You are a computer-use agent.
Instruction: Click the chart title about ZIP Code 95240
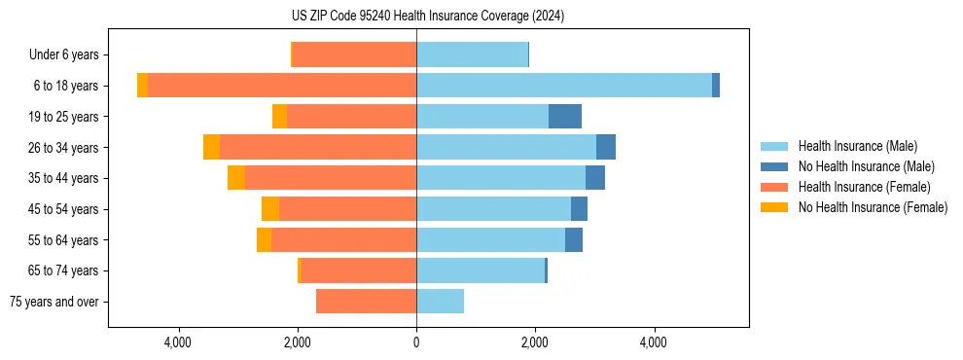click(x=427, y=16)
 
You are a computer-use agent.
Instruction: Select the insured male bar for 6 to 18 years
click(x=564, y=86)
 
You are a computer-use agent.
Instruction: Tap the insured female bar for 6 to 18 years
click(x=282, y=86)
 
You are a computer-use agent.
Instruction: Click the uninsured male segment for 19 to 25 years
click(x=565, y=117)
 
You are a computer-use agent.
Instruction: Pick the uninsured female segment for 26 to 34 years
click(x=211, y=147)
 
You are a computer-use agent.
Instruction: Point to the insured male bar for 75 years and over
click(x=440, y=302)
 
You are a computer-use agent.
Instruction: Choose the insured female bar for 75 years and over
click(x=366, y=302)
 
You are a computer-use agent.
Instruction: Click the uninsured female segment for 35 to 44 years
click(x=236, y=178)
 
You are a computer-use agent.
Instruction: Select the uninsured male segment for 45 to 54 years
click(x=579, y=209)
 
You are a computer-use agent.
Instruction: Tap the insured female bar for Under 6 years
click(x=354, y=54)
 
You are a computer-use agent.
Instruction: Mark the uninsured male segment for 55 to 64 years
click(x=574, y=240)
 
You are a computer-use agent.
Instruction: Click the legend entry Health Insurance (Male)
click(x=857, y=146)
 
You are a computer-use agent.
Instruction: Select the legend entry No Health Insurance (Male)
click(x=866, y=166)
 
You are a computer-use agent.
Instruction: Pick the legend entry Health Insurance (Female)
click(x=864, y=187)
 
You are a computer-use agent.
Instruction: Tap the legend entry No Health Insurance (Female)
click(x=873, y=207)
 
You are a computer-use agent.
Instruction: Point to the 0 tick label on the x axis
click(x=416, y=342)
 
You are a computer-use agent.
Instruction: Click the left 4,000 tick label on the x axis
click(x=178, y=342)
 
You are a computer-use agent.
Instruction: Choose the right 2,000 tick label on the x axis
click(x=535, y=342)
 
